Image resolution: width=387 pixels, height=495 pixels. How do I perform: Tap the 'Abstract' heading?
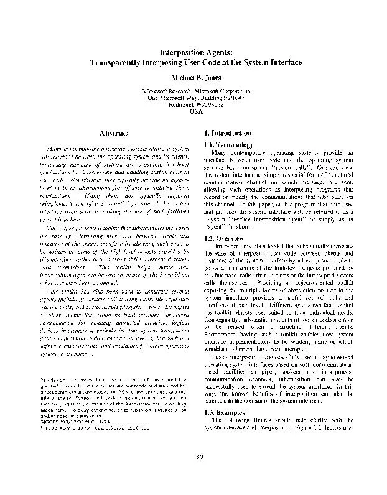113,133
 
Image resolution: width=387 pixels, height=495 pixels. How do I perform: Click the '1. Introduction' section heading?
228,133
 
